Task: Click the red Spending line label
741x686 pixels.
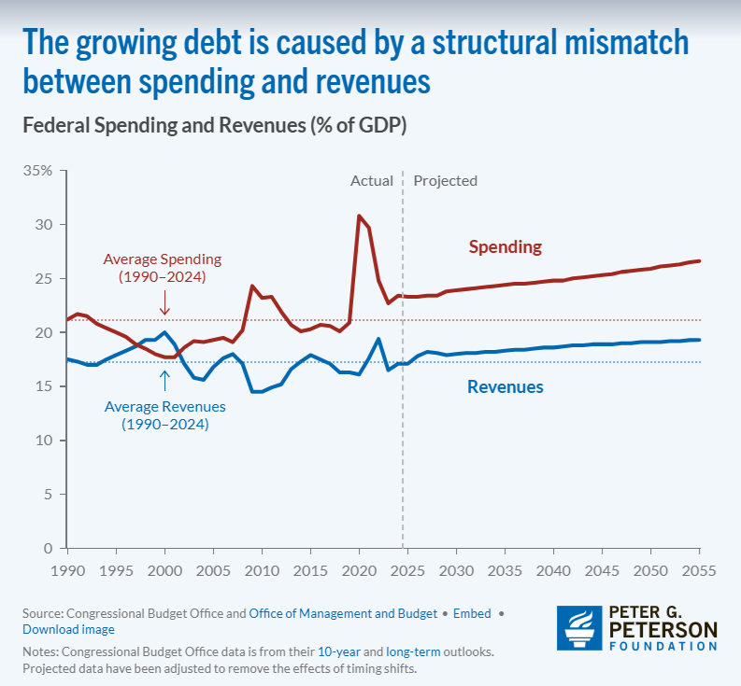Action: click(505, 247)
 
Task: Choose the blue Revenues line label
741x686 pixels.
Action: click(505, 386)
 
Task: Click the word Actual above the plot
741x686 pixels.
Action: click(371, 181)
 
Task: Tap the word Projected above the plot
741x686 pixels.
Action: click(445, 181)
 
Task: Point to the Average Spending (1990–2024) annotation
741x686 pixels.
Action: click(163, 268)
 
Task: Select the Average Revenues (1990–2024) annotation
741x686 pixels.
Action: click(164, 415)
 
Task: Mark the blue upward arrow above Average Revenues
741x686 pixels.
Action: click(164, 380)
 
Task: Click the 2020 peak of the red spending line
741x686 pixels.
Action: click(359, 217)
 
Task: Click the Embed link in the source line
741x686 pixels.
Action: click(473, 613)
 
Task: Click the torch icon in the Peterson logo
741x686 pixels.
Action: click(577, 628)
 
